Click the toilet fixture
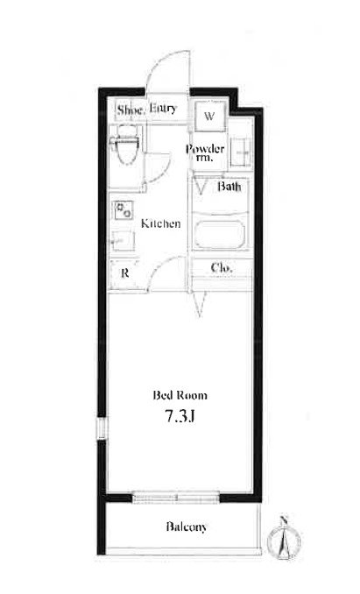(125, 145)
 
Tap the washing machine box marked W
(209, 116)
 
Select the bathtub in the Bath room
(220, 235)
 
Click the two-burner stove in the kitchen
(124, 210)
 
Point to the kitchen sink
(123, 240)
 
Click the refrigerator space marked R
(124, 272)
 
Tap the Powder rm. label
(205, 152)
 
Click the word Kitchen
(160, 223)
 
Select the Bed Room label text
(180, 395)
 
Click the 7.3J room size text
(180, 416)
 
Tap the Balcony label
(187, 527)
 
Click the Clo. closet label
(222, 268)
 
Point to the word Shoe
(131, 110)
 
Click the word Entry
(163, 109)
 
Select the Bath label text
(229, 187)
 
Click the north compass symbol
(284, 539)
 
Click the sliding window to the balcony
(176, 497)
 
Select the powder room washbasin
(241, 152)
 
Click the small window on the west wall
(102, 428)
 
